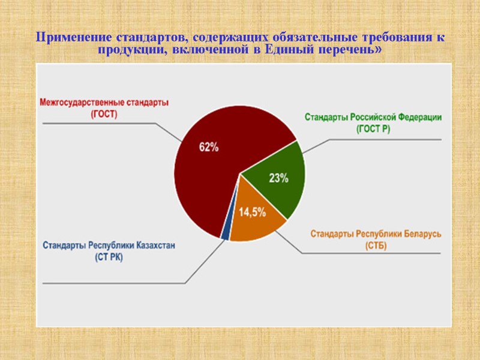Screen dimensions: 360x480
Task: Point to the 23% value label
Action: point(278,178)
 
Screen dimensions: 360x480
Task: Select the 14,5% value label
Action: point(253,212)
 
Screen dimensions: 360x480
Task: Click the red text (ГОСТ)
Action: point(104,113)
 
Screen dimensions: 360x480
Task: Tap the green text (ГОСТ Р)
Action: point(373,128)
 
